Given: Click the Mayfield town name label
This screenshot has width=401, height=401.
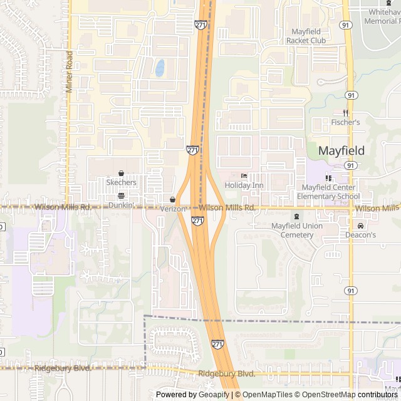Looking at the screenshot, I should click(x=341, y=150).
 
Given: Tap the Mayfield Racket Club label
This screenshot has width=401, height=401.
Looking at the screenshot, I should click(x=306, y=36).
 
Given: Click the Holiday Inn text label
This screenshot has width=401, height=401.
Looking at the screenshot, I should click(x=244, y=185).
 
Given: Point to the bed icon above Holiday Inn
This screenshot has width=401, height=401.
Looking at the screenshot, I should click(x=244, y=176).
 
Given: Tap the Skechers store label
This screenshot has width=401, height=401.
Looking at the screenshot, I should click(x=121, y=182).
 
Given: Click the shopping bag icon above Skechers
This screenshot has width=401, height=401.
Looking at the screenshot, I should click(x=121, y=174).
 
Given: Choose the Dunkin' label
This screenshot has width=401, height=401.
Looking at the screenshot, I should click(x=121, y=205).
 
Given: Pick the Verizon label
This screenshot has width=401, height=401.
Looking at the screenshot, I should click(x=173, y=209).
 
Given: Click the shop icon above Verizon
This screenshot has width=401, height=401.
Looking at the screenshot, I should click(x=173, y=200).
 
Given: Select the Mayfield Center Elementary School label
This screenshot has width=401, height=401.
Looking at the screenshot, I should click(x=328, y=192).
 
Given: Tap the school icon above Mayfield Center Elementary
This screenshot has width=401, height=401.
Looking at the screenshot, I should click(x=328, y=178).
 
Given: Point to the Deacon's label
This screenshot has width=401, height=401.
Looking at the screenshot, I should click(x=360, y=235).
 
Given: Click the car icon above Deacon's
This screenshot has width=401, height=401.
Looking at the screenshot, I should click(x=360, y=226).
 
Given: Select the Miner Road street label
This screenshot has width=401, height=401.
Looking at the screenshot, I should click(x=70, y=72).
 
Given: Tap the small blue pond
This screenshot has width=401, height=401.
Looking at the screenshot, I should click(x=160, y=68).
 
